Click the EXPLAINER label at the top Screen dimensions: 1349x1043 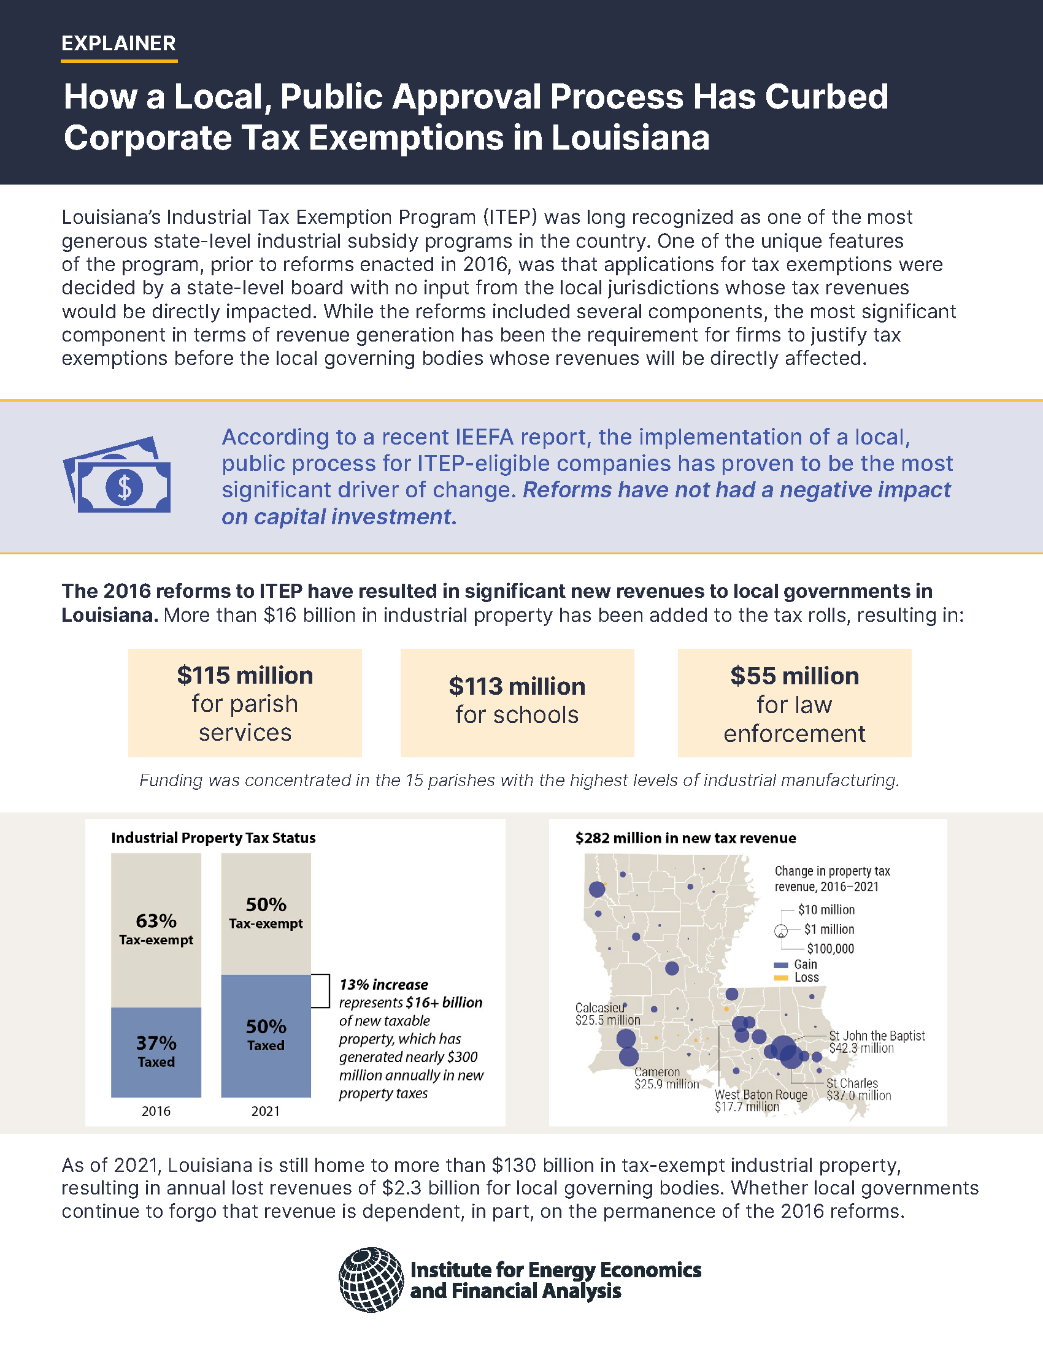[118, 44]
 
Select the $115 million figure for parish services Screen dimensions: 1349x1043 [245, 676]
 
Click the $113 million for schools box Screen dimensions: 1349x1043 [517, 701]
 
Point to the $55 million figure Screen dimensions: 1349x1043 [794, 676]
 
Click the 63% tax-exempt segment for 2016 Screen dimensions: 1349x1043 [156, 929]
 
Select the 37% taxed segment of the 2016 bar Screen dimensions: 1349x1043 [156, 1051]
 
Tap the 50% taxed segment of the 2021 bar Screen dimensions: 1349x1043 [266, 1034]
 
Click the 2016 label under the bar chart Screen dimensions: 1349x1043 [156, 1111]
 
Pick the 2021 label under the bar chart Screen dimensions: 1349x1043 [266, 1111]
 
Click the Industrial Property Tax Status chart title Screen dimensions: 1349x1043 [213, 838]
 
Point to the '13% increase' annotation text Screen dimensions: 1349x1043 [383, 985]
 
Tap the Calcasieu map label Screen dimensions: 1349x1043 [607, 1014]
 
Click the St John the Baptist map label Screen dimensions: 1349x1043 [876, 1041]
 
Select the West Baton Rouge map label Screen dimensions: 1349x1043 [761, 1100]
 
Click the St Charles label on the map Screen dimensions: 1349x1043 [858, 1089]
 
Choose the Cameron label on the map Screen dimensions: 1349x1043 [666, 1078]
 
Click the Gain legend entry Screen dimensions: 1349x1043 [804, 964]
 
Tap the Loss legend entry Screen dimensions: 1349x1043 [806, 977]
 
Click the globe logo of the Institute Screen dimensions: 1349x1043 [371, 1279]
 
